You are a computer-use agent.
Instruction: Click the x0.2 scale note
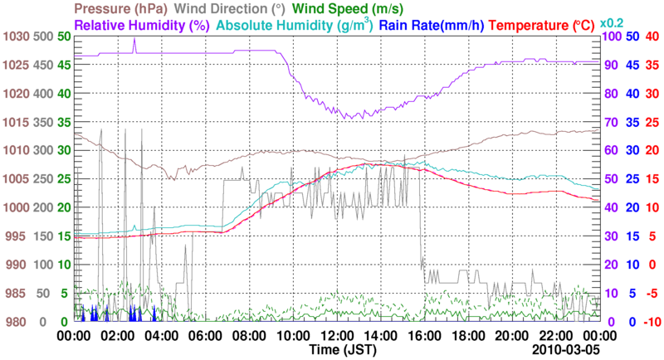click(x=612, y=22)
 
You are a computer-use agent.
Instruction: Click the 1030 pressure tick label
click(x=16, y=36)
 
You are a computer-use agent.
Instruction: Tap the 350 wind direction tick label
click(x=43, y=122)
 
